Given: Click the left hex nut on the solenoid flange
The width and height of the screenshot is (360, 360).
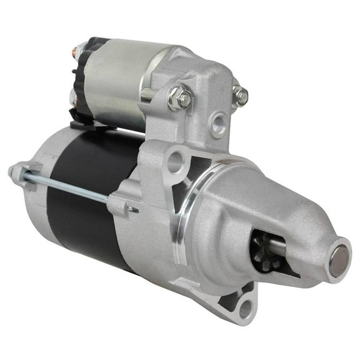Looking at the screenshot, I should pyautogui.click(x=179, y=99).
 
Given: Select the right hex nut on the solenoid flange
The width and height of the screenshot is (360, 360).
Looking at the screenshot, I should pyautogui.click(x=240, y=96).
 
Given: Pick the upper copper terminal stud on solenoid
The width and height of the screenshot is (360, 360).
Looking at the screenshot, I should pyautogui.click(x=79, y=49).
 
